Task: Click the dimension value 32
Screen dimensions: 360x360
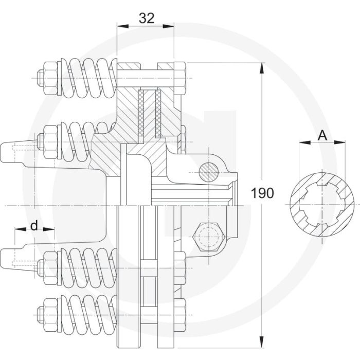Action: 147,18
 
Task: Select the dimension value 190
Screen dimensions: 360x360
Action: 262,193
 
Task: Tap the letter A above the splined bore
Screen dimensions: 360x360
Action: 322,135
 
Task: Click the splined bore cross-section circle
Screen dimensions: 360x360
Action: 322,205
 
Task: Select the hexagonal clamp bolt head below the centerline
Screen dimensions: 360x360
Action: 208,237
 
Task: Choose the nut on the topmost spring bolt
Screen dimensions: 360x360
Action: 50,78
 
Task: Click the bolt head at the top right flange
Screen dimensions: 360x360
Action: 180,78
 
